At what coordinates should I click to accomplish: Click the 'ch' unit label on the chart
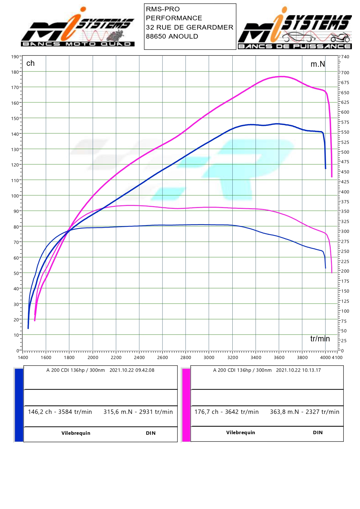click(x=30, y=63)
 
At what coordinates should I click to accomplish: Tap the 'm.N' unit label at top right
click(x=318, y=64)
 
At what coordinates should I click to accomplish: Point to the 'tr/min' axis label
click(x=320, y=338)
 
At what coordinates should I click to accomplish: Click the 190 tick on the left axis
click(x=15, y=57)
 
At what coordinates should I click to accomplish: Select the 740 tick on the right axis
click(x=345, y=57)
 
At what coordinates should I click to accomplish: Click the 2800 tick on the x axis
click(x=186, y=357)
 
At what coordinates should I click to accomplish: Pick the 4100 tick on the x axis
click(x=337, y=357)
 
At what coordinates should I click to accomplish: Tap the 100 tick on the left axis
click(x=15, y=196)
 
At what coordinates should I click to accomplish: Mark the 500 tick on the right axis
click(x=345, y=152)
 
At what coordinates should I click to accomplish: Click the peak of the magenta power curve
click(x=281, y=77)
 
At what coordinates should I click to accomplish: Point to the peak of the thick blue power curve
click(x=277, y=124)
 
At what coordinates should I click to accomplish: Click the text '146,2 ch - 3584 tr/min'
click(x=60, y=412)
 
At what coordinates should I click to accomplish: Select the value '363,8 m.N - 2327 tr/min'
click(x=305, y=412)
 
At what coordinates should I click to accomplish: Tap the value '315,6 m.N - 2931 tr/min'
click(x=138, y=412)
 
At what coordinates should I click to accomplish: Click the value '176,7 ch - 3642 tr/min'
click(x=227, y=412)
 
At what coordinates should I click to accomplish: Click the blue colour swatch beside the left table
click(x=19, y=405)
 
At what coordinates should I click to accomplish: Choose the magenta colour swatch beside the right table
click(x=186, y=405)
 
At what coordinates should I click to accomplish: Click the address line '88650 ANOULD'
click(x=172, y=37)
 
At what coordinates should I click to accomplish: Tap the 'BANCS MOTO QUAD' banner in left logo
click(x=77, y=44)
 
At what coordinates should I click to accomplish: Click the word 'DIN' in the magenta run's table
click(x=318, y=432)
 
